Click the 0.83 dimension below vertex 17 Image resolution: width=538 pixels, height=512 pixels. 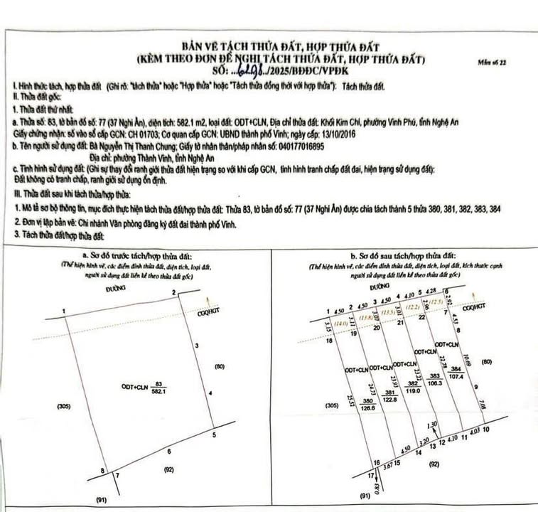(x=375, y=486)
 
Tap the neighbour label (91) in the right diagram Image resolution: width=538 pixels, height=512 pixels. (x=365, y=496)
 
